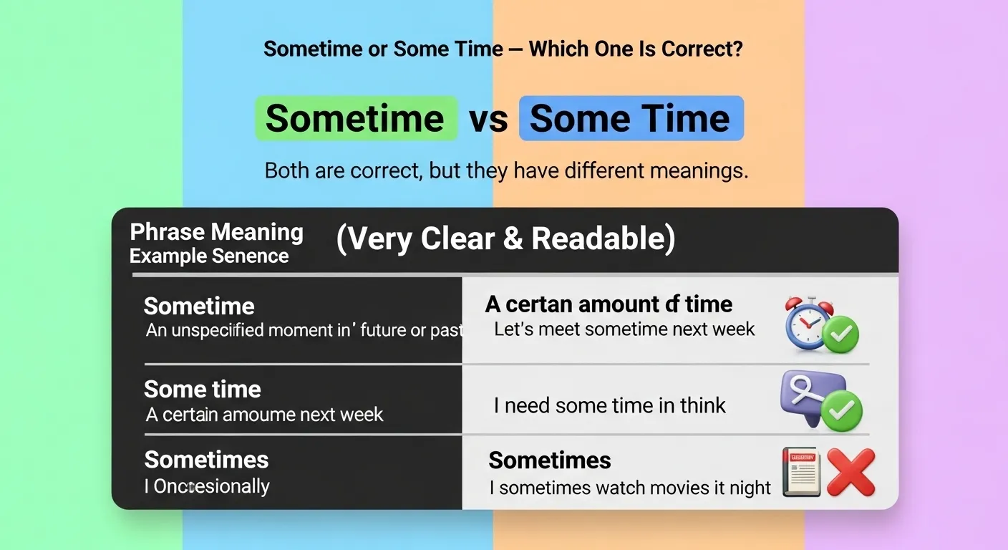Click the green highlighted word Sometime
pyautogui.click(x=355, y=118)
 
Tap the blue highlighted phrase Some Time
pyautogui.click(x=630, y=118)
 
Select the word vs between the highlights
pyautogui.click(x=488, y=120)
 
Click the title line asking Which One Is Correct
pyautogui.click(x=503, y=49)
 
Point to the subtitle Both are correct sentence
pyautogui.click(x=506, y=171)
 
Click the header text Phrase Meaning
pyautogui.click(x=216, y=232)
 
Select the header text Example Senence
pyautogui.click(x=209, y=256)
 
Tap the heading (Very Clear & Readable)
pyautogui.click(x=505, y=239)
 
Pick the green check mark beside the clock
pyautogui.click(x=840, y=334)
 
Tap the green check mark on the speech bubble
pyautogui.click(x=841, y=410)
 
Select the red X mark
pyautogui.click(x=850, y=472)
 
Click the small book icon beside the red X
pyautogui.click(x=801, y=472)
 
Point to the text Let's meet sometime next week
pyautogui.click(x=624, y=329)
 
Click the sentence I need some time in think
pyautogui.click(x=609, y=405)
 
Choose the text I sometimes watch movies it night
pyautogui.click(x=630, y=488)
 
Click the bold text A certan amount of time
pyautogui.click(x=609, y=304)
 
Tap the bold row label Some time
pyautogui.click(x=202, y=389)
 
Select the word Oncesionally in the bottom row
pyautogui.click(x=211, y=486)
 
